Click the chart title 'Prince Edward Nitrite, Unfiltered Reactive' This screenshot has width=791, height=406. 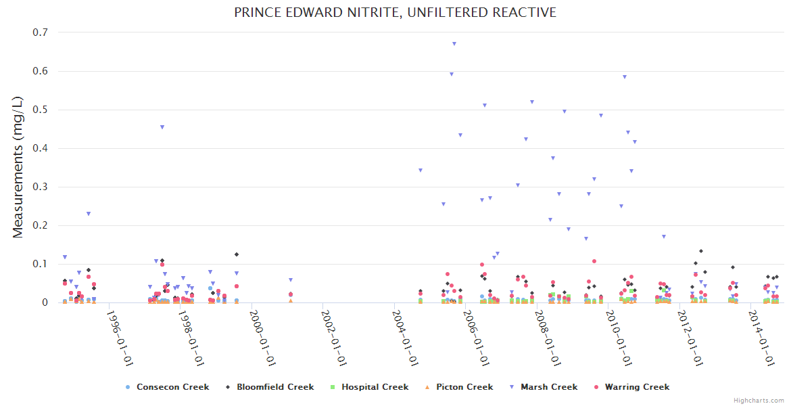point(395,12)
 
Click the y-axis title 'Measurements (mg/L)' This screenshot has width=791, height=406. point(18,167)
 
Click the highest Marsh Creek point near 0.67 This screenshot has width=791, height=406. point(454,44)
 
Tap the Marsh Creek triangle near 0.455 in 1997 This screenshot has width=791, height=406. point(162,127)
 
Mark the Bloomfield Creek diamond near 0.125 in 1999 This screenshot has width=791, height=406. point(237,254)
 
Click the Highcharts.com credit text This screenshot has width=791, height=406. point(759,400)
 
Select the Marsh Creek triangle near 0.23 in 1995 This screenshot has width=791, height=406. point(89,214)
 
